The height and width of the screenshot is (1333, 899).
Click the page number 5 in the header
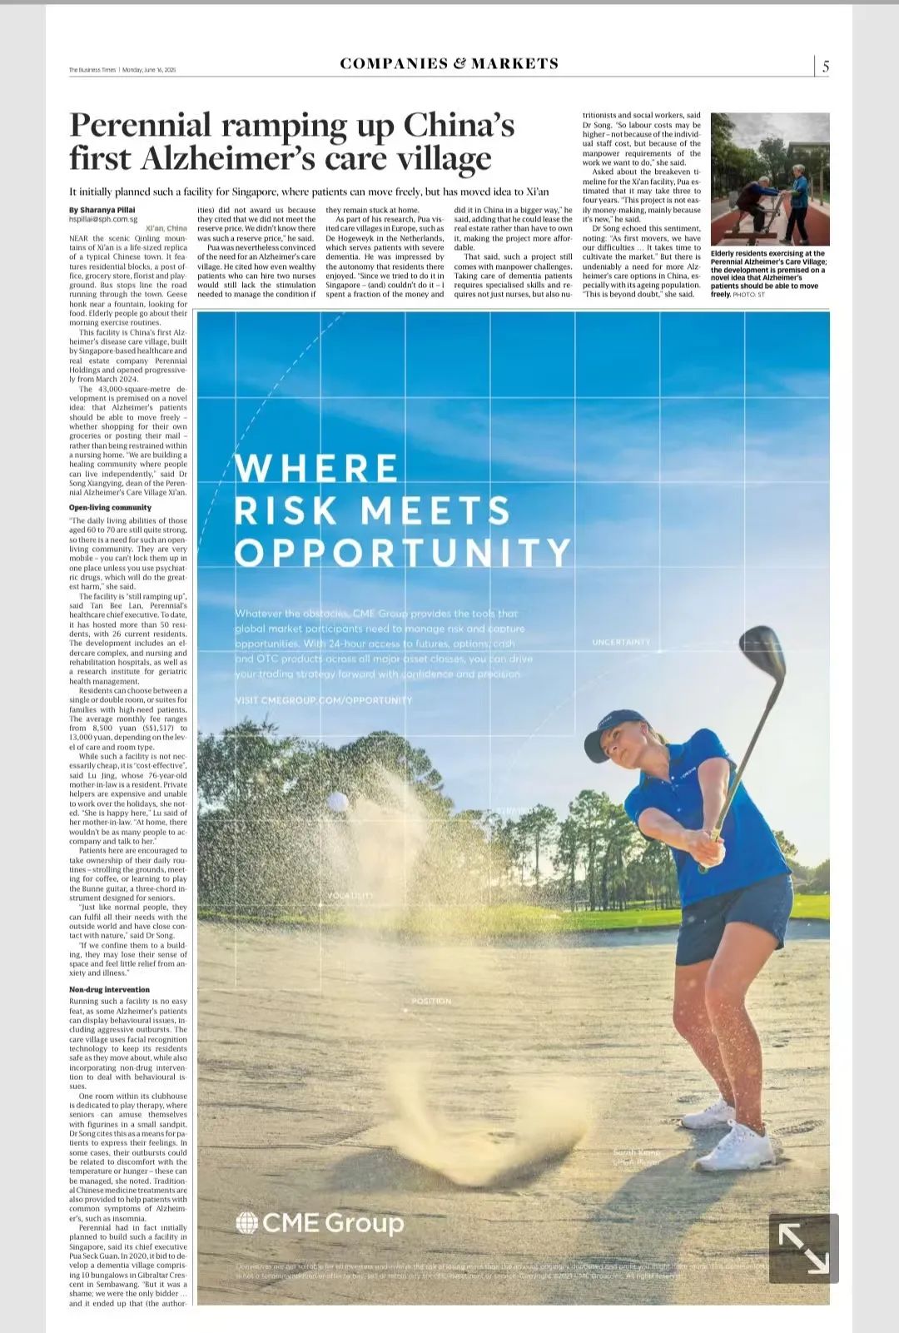click(825, 67)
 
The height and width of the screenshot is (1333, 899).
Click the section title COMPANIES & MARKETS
click(449, 63)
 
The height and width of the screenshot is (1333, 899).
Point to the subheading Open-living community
click(110, 507)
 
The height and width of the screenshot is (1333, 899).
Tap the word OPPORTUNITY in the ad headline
click(404, 552)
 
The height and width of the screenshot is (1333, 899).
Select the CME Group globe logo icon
click(246, 1222)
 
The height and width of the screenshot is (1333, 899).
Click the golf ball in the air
click(338, 801)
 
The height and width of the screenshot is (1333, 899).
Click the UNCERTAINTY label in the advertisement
click(621, 642)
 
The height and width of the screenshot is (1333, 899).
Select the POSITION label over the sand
click(431, 1001)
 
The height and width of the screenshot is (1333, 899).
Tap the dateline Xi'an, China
click(166, 228)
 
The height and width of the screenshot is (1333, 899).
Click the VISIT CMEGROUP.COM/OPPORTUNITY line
click(324, 700)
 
